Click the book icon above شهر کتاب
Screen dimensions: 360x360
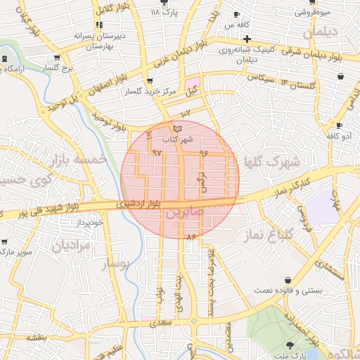pos(177,128)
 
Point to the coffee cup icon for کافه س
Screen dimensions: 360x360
pos(236,15)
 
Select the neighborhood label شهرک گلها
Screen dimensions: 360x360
pos(271,162)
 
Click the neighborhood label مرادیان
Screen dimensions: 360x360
pos(70,247)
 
